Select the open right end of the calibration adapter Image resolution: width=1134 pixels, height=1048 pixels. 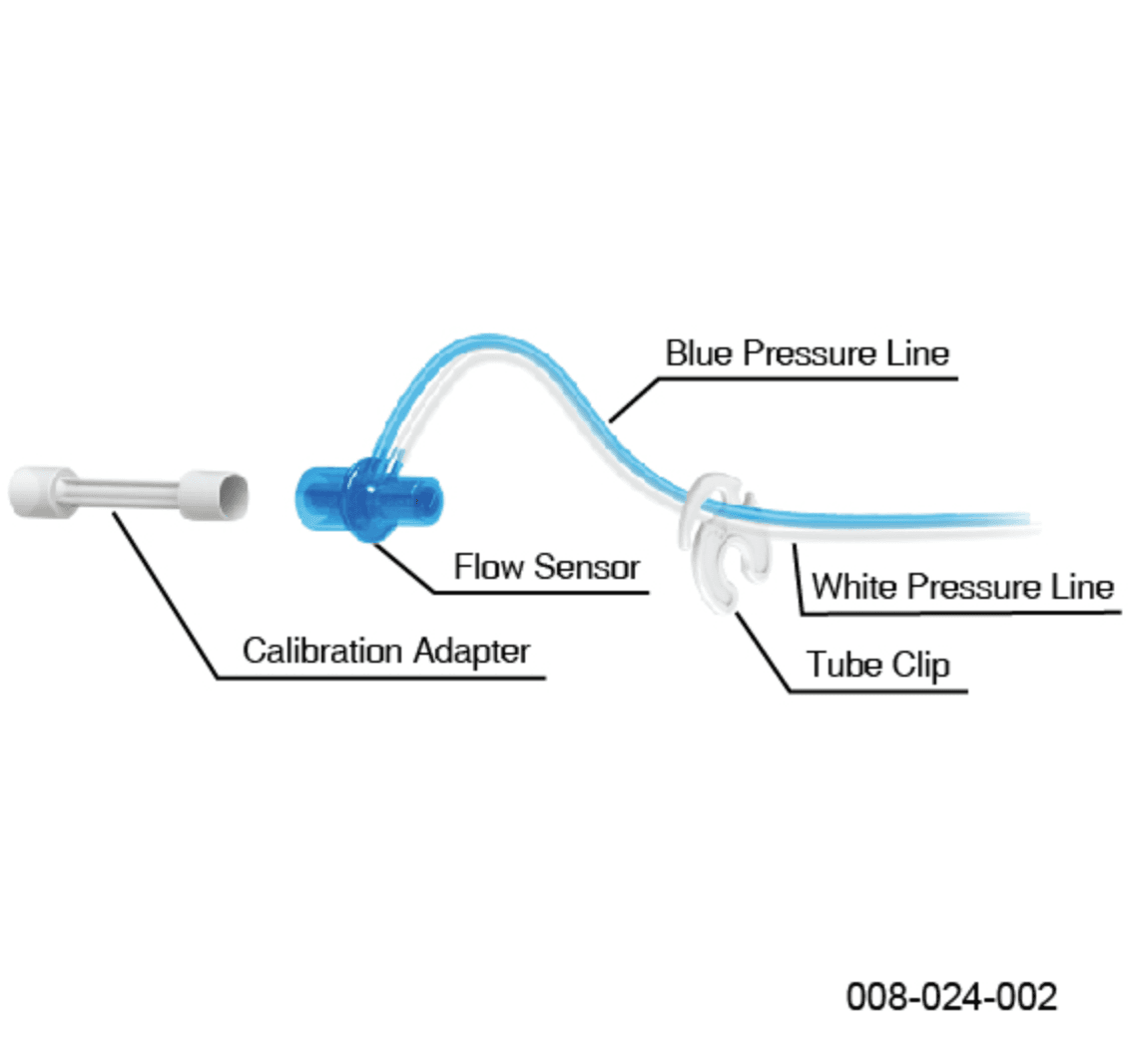[x=214, y=495]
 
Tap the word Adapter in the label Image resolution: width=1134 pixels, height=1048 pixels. [x=471, y=652]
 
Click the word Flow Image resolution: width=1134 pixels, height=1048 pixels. [x=489, y=566]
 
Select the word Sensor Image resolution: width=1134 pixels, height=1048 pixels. [x=587, y=567]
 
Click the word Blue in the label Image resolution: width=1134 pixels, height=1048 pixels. [x=698, y=353]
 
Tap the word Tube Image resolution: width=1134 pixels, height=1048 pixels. [x=844, y=664]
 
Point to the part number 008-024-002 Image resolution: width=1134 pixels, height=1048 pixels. [x=951, y=997]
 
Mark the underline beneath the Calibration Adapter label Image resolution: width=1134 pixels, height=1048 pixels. [x=381, y=678]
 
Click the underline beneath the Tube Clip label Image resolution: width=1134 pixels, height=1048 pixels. [x=878, y=692]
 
